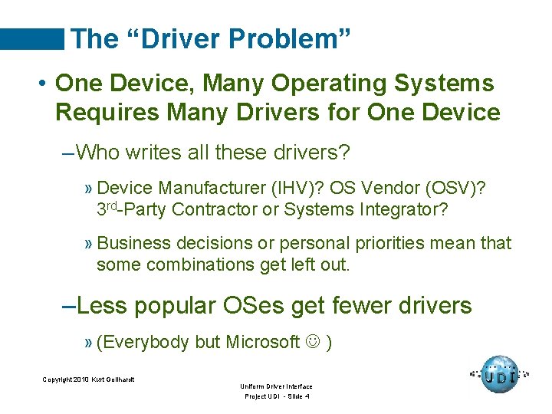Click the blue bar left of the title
32,39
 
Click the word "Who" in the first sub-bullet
99,153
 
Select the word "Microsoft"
262,342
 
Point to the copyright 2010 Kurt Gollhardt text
88,379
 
